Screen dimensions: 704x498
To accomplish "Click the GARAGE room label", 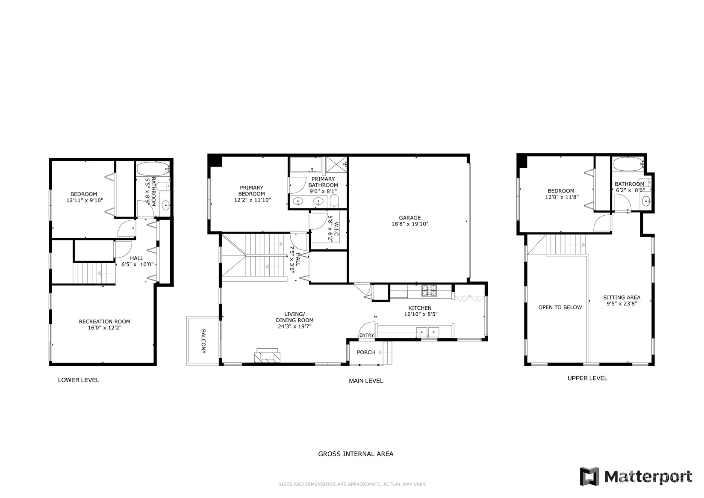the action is pyautogui.click(x=409, y=218).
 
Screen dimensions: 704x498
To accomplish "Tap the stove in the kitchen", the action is pyautogui.click(x=429, y=290).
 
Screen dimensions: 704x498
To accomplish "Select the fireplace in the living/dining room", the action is pyautogui.click(x=267, y=356).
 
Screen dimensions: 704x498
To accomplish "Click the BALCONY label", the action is pyautogui.click(x=203, y=341).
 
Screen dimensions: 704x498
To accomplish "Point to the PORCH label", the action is pyautogui.click(x=366, y=353).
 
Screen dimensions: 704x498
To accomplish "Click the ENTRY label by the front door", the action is pyautogui.click(x=366, y=335).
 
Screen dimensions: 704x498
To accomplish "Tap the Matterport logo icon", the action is pyautogui.click(x=589, y=476).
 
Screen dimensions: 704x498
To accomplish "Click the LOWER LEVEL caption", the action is pyautogui.click(x=79, y=380).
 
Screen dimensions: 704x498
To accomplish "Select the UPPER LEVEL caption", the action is pyautogui.click(x=587, y=378).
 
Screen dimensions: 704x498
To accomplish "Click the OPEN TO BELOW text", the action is pyautogui.click(x=560, y=307).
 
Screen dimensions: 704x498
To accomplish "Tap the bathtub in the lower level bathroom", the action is pyautogui.click(x=153, y=169).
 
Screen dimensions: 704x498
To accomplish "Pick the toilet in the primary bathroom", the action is pyautogui.click(x=334, y=201).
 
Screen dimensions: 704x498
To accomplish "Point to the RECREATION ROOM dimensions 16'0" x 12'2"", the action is pyautogui.click(x=105, y=327).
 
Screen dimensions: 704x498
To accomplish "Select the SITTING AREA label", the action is pyautogui.click(x=622, y=297).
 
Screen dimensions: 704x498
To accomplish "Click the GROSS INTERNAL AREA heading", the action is pyautogui.click(x=356, y=454).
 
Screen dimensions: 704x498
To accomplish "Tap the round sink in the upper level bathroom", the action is pyautogui.click(x=646, y=201).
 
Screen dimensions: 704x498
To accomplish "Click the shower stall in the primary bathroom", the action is pyautogui.click(x=336, y=164).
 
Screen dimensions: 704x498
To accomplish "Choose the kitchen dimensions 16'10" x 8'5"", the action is pyautogui.click(x=421, y=314).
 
